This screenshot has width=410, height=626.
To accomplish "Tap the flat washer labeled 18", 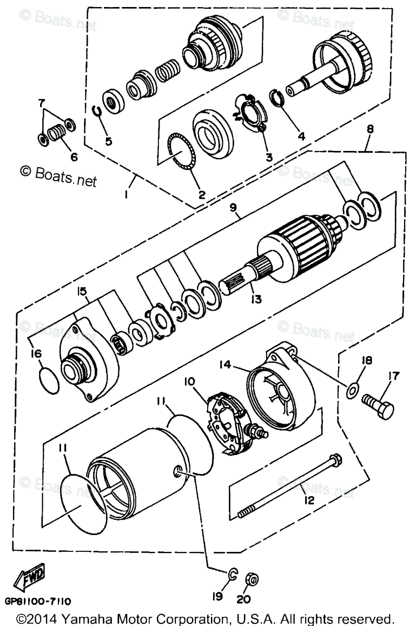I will (352, 388).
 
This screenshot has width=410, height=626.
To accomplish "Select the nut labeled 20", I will (252, 579).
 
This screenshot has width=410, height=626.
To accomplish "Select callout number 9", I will (234, 214).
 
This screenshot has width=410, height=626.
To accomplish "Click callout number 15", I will (81, 292).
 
